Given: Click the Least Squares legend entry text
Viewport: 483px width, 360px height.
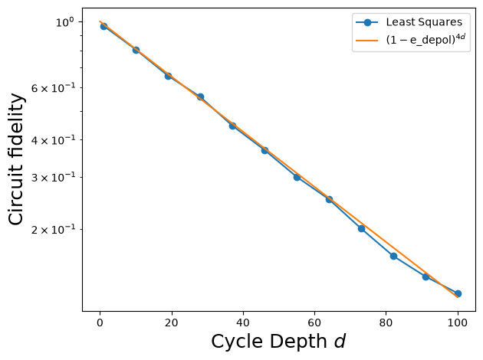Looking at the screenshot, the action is click(x=424, y=22).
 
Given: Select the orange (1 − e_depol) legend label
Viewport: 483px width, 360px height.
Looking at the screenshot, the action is click(x=426, y=40).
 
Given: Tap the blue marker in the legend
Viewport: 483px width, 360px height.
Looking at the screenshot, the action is click(x=367, y=22).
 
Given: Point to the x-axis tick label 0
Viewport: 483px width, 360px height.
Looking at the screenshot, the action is click(x=100, y=322).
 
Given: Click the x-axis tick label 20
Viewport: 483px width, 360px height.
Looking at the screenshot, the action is click(x=171, y=322).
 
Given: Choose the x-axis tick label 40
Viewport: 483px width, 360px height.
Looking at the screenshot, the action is click(x=243, y=322).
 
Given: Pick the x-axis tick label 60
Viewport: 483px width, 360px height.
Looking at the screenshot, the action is click(x=314, y=322).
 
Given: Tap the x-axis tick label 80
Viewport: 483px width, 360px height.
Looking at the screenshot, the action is click(x=386, y=322).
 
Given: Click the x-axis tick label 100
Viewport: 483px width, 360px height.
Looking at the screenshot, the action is click(x=458, y=322).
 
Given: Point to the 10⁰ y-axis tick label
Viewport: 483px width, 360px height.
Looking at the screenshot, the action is click(x=65, y=22).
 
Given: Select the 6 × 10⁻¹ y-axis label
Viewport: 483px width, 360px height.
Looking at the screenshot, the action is click(x=53, y=88).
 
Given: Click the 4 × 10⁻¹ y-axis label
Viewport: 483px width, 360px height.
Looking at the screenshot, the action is click(x=53, y=140).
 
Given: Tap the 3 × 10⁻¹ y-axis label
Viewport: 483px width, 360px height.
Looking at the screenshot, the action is click(x=53, y=178).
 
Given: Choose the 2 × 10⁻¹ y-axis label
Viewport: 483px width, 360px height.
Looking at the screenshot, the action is click(x=53, y=230).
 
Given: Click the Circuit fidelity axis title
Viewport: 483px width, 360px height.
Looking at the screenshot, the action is click(x=16, y=159).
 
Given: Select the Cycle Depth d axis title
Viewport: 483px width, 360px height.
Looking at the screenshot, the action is click(x=278, y=342).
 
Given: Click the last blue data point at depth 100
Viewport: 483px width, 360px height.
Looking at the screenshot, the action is click(x=458, y=293).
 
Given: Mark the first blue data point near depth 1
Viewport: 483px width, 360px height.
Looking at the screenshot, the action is click(x=103, y=27).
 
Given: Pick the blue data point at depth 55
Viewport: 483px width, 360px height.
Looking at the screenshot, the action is click(x=297, y=177).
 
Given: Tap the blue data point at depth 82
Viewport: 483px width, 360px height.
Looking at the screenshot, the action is click(x=393, y=256).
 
